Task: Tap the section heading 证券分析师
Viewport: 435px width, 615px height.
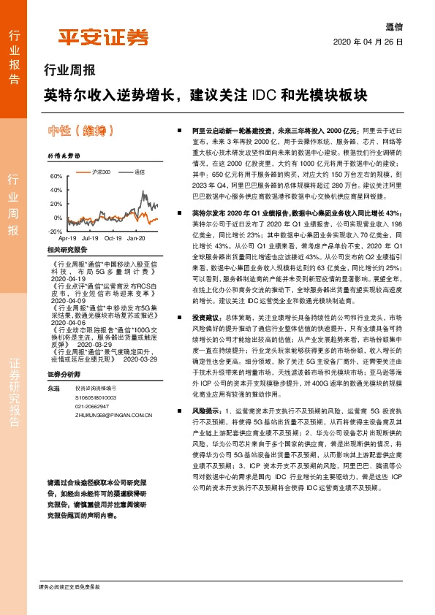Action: click(62, 374)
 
